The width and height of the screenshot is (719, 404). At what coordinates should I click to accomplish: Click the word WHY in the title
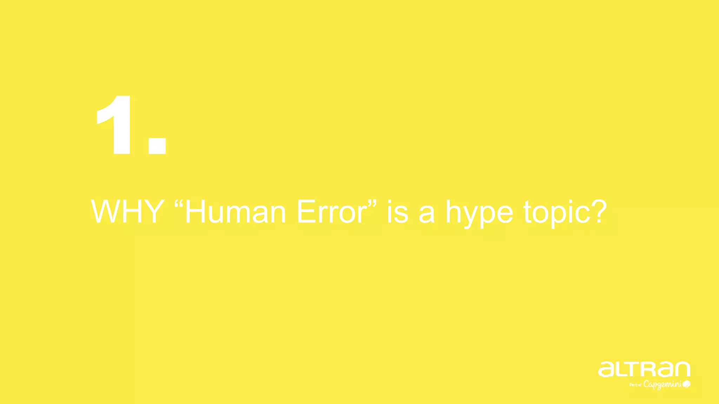click(x=127, y=211)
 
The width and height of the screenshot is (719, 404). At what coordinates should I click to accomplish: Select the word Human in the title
click(x=235, y=212)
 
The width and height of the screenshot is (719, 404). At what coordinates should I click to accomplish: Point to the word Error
click(x=332, y=212)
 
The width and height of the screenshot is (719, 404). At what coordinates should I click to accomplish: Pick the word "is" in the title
click(x=398, y=212)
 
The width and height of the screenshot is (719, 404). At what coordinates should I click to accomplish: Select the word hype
click(x=479, y=214)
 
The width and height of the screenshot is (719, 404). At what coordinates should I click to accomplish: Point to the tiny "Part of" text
click(x=635, y=385)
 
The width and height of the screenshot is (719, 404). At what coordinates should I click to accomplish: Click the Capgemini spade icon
click(x=687, y=384)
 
